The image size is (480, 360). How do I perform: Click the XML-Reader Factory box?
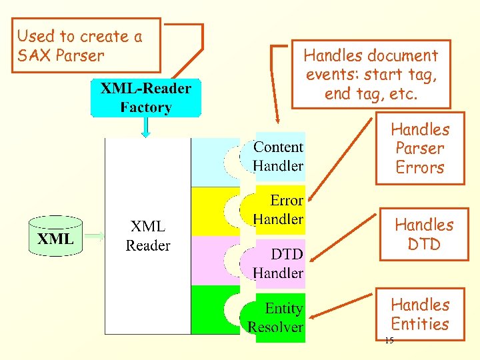(x=145, y=98)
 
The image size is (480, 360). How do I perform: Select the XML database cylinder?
(x=55, y=236)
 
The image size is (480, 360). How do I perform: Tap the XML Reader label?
(x=148, y=236)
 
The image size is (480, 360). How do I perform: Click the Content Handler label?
(x=278, y=157)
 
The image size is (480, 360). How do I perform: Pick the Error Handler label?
(x=278, y=209)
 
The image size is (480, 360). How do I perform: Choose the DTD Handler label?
(x=278, y=263)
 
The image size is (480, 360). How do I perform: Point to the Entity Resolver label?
(x=275, y=318)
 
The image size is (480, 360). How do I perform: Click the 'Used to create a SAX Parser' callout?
(x=88, y=45)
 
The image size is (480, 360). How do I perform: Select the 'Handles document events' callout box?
(x=371, y=74)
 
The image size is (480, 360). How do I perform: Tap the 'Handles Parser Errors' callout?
(x=419, y=149)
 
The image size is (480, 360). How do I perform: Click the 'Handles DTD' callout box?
(x=424, y=235)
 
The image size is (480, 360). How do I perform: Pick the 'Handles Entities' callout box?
(x=419, y=315)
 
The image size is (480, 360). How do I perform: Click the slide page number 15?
(x=389, y=341)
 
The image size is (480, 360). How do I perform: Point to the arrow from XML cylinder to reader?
(x=95, y=235)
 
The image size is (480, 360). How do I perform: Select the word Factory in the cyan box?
(x=146, y=107)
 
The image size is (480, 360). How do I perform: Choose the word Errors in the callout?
(x=419, y=168)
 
